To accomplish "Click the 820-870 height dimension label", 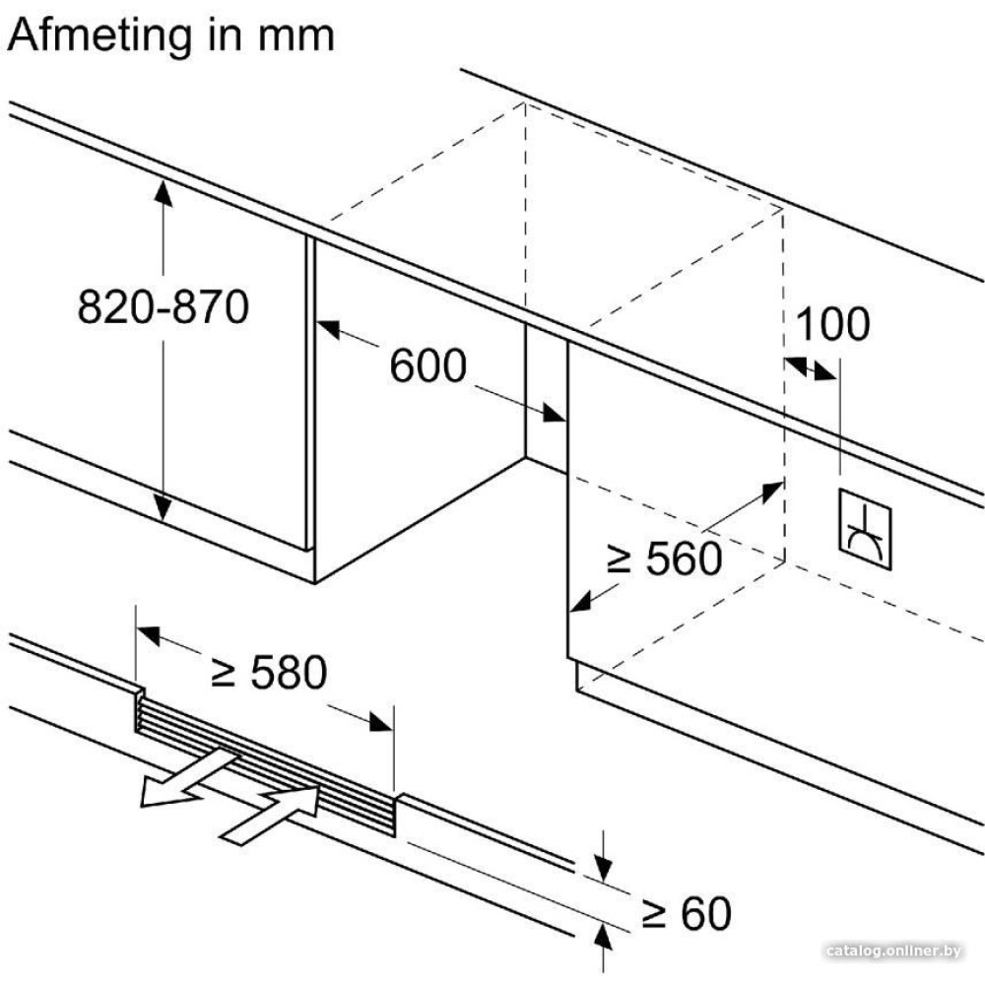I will (x=164, y=308).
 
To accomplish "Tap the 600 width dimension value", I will (x=427, y=366).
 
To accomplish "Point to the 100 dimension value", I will (x=832, y=324).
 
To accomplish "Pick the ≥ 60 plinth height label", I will (x=686, y=914).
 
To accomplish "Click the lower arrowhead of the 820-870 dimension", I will (x=164, y=508).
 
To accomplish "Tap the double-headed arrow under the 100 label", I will (x=810, y=368).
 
